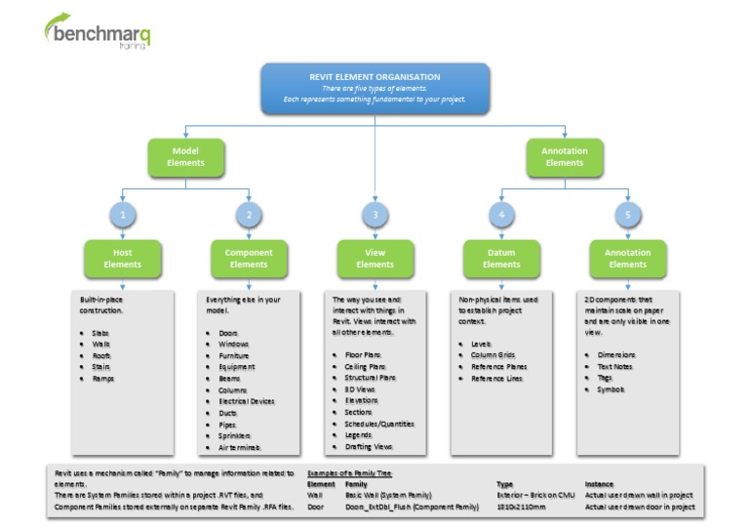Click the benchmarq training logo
[98, 32]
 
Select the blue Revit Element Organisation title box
[374, 88]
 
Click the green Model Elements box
[185, 157]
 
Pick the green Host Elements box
[122, 258]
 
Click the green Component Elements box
[249, 258]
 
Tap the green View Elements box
[374, 258]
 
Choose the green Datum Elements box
[501, 258]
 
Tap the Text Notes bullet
[615, 367]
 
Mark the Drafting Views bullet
[368, 446]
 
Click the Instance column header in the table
[599, 483]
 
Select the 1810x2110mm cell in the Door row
[521, 508]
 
